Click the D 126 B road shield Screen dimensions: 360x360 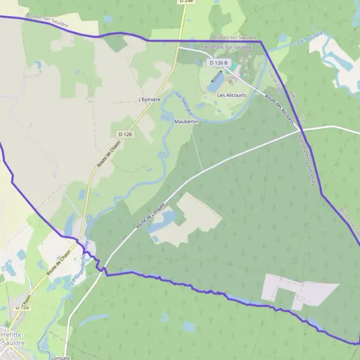(x=218, y=62)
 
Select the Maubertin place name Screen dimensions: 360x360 (x=186, y=121)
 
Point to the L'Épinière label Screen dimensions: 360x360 (x=149, y=99)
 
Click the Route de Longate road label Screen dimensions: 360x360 (x=149, y=215)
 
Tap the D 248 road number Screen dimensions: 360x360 (x=186, y=2)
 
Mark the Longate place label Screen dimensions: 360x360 (x=61, y=358)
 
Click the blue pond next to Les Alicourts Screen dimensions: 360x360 (x=215, y=82)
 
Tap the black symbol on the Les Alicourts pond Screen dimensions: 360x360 (x=216, y=76)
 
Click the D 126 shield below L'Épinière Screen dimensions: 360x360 (x=125, y=134)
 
